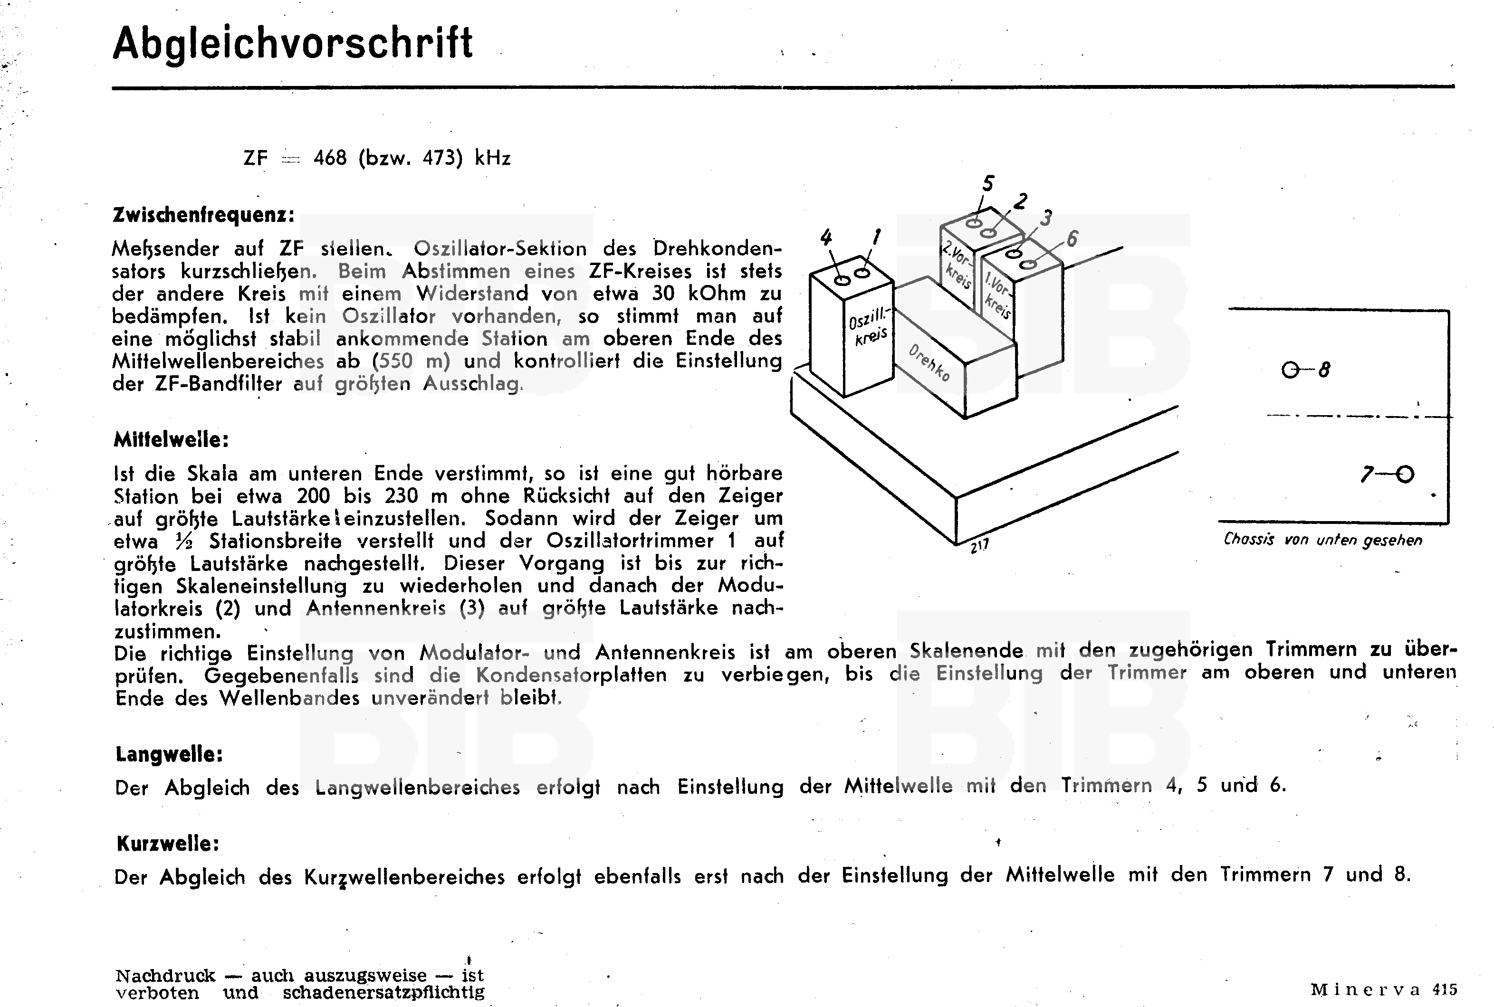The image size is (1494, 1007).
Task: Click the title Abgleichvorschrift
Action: pyautogui.click(x=292, y=44)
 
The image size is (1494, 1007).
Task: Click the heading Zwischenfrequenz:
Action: pyautogui.click(x=203, y=215)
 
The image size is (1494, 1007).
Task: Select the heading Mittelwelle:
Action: pyautogui.click(x=171, y=440)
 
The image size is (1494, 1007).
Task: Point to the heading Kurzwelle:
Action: pyautogui.click(x=168, y=843)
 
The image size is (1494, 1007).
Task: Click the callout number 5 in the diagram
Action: pyautogui.click(x=988, y=184)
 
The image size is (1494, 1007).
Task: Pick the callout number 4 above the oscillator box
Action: pyautogui.click(x=826, y=237)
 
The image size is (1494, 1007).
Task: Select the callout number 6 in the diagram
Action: pyautogui.click(x=1072, y=239)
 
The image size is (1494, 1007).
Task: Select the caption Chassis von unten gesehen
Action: pyautogui.click(x=1322, y=540)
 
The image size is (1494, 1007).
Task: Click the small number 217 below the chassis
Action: pyautogui.click(x=979, y=546)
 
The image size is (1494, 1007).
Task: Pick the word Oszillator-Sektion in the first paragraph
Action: pyautogui.click(x=500, y=248)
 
